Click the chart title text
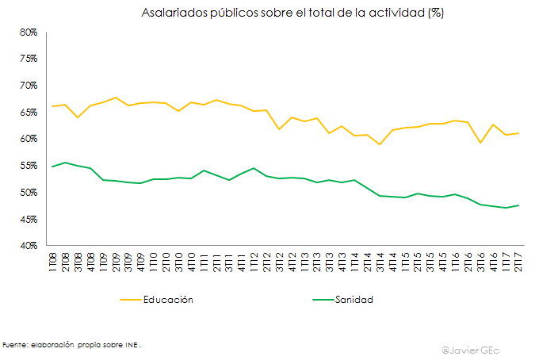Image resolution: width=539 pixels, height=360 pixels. tap(292, 13)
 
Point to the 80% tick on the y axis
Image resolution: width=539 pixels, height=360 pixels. tap(29, 32)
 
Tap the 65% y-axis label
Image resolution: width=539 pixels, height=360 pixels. tap(29, 113)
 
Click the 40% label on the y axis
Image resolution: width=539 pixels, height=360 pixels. tap(29, 246)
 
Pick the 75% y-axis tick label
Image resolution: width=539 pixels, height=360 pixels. tap(29, 59)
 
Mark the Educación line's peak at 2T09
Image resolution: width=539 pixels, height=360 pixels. tap(116, 98)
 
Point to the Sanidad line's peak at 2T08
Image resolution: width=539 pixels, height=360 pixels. tap(65, 163)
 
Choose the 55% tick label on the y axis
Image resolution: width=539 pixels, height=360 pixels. tap(29, 166)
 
